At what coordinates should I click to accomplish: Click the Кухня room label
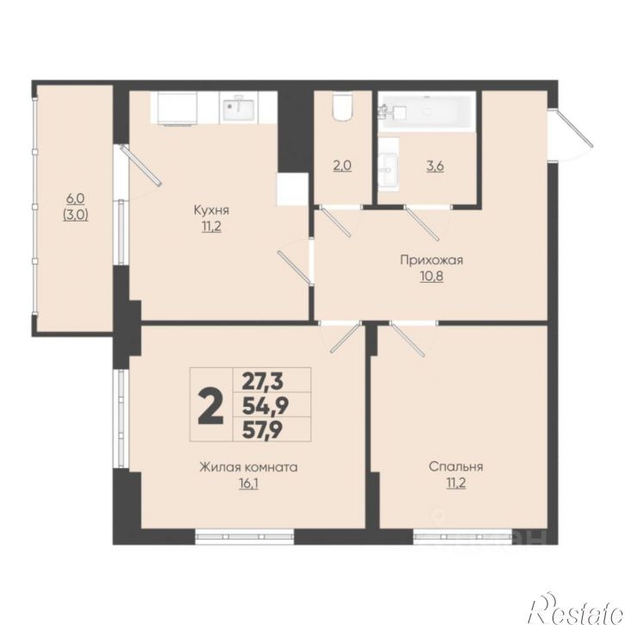point(211,210)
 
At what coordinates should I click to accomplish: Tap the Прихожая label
point(432,260)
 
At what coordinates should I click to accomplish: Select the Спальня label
point(456,466)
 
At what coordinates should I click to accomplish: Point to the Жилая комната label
point(248,466)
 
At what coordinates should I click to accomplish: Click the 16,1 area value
point(248,484)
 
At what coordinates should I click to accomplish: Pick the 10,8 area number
point(432,276)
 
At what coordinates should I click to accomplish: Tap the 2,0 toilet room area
point(342,166)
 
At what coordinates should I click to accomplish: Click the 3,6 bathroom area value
point(435,166)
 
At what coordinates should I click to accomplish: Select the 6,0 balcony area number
point(75,198)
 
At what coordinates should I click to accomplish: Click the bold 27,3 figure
point(263,381)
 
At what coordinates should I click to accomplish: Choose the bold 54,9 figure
point(266,405)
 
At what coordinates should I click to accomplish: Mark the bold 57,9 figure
point(263,429)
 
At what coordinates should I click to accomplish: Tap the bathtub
point(427,111)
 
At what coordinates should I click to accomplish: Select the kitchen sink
point(238,109)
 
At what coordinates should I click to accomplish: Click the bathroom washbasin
point(388,171)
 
